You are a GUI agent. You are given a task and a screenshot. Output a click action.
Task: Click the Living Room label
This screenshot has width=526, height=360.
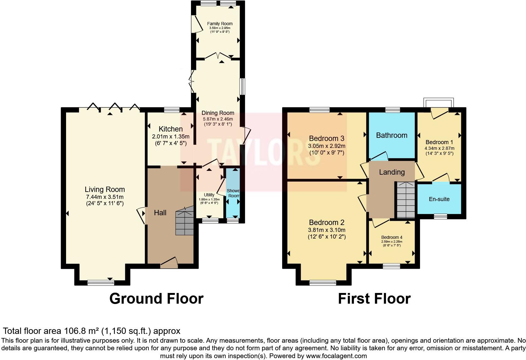(105, 189)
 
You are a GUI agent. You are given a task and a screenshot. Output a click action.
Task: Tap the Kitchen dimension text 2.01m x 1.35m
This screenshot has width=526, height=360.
(171, 137)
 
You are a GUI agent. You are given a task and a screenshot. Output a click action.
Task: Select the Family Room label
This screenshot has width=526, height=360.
(220, 24)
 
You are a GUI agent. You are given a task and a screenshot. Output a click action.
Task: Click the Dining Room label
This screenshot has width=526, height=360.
(218, 113)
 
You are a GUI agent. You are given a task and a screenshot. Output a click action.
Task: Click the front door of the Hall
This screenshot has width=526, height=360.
(169, 263)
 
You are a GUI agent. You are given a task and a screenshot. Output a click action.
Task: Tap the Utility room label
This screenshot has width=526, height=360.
(209, 195)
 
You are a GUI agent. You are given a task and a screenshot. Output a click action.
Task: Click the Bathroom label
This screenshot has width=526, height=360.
(392, 135)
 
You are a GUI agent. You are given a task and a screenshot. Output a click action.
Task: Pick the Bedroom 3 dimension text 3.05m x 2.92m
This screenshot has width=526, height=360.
(327, 146)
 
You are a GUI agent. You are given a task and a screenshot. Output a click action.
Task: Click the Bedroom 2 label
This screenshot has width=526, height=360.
(327, 222)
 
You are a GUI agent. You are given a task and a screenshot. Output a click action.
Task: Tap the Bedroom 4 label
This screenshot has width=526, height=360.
(392, 237)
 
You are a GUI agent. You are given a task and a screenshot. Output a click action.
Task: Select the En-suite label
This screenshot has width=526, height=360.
(439, 199)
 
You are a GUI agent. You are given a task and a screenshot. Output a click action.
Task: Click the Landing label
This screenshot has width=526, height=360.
(392, 172)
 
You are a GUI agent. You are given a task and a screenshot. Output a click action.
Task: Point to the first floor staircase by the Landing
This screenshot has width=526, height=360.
(406, 200)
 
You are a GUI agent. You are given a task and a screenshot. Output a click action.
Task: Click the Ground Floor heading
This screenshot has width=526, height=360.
(156, 298)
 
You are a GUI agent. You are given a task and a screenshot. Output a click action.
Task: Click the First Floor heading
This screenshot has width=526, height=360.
(374, 298)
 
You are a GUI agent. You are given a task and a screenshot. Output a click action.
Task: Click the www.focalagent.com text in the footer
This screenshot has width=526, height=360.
(336, 356)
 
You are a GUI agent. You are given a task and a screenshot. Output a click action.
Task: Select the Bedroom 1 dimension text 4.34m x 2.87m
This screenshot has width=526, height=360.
(439, 148)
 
